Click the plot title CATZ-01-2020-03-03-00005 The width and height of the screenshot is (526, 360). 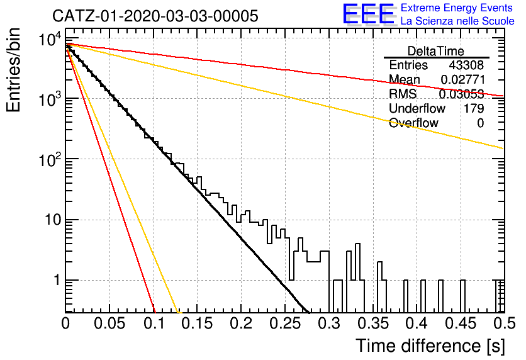click(155, 16)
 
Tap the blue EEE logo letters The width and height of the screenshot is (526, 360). click(369, 14)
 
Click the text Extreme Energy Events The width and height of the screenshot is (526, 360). click(457, 8)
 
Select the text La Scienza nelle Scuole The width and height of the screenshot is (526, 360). click(457, 21)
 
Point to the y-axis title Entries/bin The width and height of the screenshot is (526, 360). click(14, 70)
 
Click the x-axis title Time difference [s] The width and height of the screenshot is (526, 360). click(430, 346)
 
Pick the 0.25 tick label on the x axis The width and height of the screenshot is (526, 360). click(286, 323)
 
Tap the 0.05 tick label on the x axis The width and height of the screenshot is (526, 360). click(109, 323)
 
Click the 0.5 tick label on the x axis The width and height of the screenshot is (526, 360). click(505, 323)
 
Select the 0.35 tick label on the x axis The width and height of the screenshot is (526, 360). click(373, 323)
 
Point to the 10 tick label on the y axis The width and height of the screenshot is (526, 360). click(53, 220)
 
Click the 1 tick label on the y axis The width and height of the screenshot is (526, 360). click(57, 280)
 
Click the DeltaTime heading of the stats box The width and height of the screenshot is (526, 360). click(436, 51)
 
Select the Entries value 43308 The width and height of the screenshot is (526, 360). click(466, 65)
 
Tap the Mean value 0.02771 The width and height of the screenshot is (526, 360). click(463, 79)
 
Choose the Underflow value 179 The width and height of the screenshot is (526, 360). click(474, 108)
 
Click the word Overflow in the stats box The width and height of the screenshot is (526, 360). click(413, 123)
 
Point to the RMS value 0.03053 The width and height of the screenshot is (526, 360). click(462, 94)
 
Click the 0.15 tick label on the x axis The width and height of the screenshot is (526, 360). click(198, 323)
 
